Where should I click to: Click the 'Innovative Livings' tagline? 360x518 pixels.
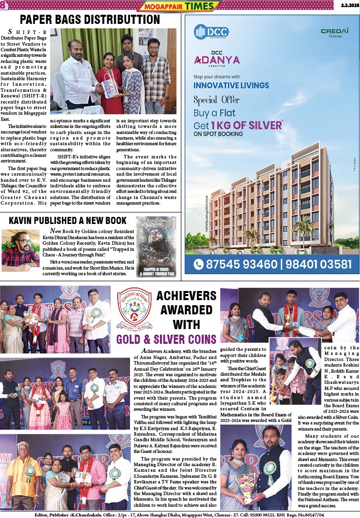[231, 85]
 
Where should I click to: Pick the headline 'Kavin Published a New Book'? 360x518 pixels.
[68, 221]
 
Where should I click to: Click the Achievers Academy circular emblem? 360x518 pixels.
[134, 310]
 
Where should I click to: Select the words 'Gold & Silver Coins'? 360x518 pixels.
[167, 339]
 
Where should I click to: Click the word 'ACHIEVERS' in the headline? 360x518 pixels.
[186, 297]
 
